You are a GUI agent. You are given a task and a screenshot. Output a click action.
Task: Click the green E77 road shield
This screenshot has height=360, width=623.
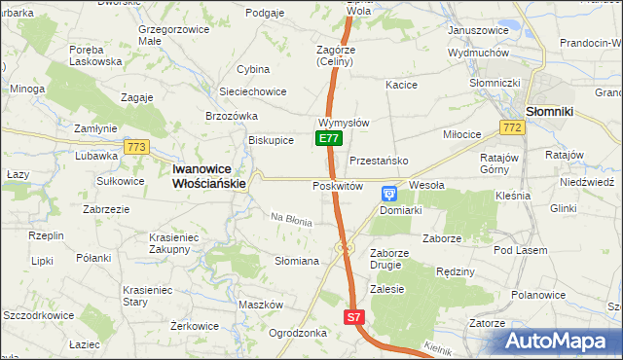(328, 139)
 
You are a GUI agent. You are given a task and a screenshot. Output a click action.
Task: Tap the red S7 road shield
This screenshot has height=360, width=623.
(355, 317)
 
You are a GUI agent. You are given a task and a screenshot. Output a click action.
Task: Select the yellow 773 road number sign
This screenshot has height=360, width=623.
(136, 147)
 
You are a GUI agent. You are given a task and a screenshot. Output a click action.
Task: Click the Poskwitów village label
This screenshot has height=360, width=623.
(338, 186)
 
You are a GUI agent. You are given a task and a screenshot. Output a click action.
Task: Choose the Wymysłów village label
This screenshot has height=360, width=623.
(343, 124)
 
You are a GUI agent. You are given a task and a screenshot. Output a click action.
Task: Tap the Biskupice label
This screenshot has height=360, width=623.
(271, 139)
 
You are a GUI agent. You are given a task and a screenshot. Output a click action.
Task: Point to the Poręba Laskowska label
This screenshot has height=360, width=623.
(95, 54)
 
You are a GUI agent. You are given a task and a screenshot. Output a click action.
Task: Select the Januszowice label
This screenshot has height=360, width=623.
(478, 30)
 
